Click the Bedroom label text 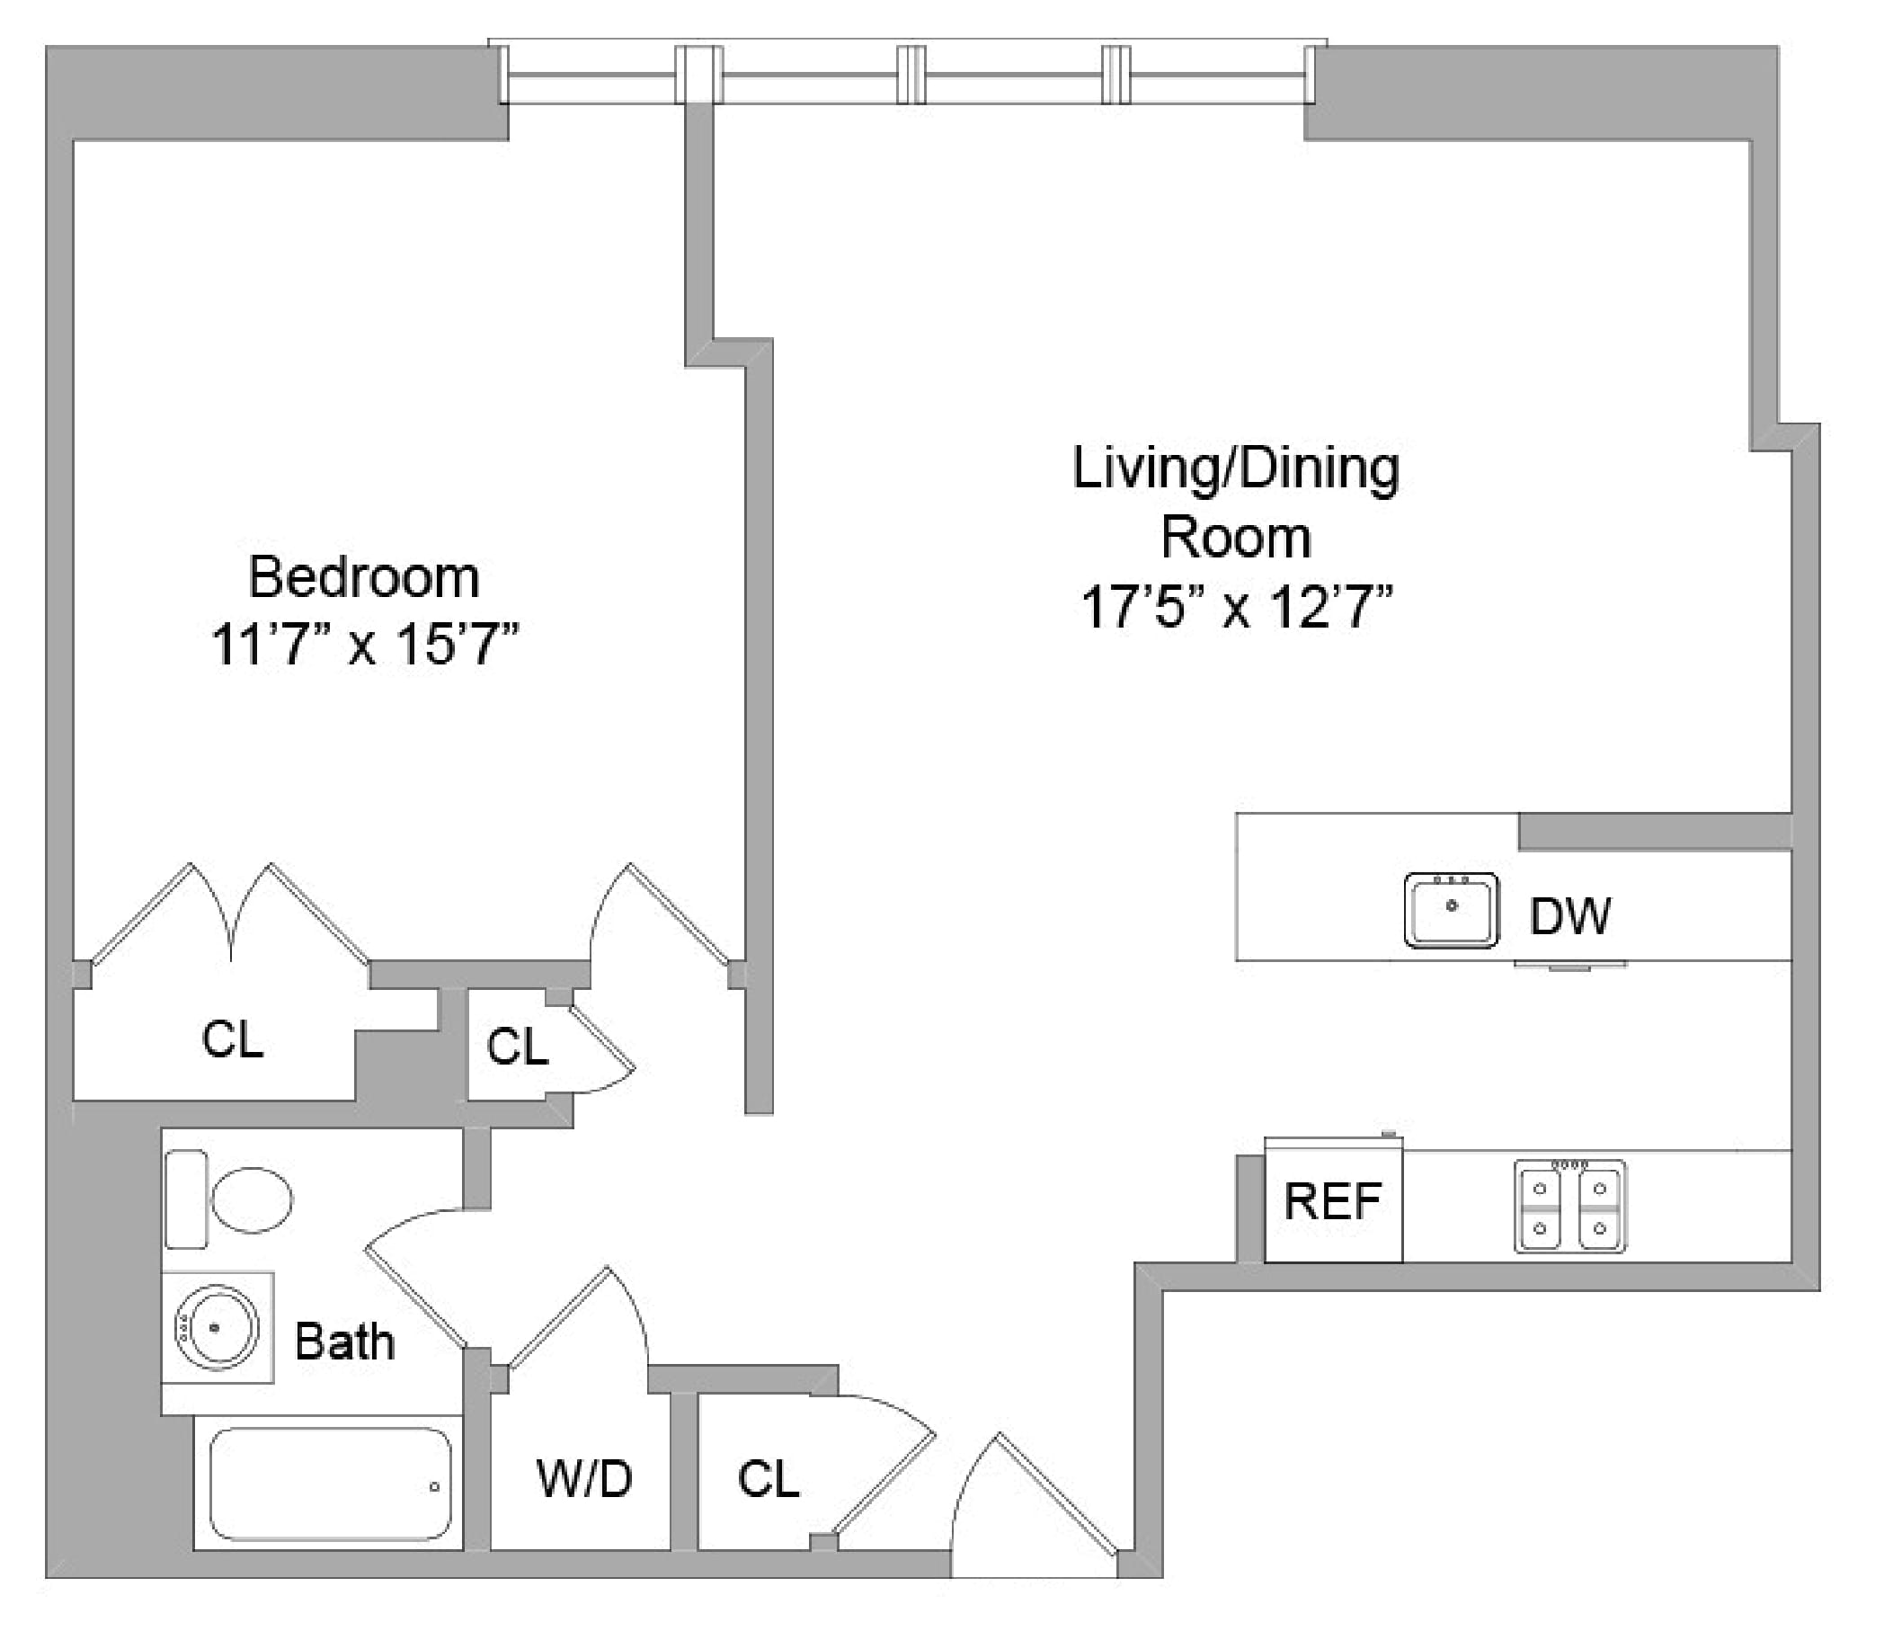[364, 578]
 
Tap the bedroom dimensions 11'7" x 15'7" [365, 644]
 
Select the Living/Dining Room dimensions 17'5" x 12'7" [1235, 607]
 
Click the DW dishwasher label [1569, 915]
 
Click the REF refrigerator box [1333, 1200]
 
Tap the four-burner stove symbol [1569, 1207]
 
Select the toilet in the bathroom [230, 1199]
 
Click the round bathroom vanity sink [218, 1327]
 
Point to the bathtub [329, 1484]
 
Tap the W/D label [584, 1479]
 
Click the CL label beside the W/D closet [767, 1479]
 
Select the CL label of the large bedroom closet [232, 1038]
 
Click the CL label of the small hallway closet [517, 1047]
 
